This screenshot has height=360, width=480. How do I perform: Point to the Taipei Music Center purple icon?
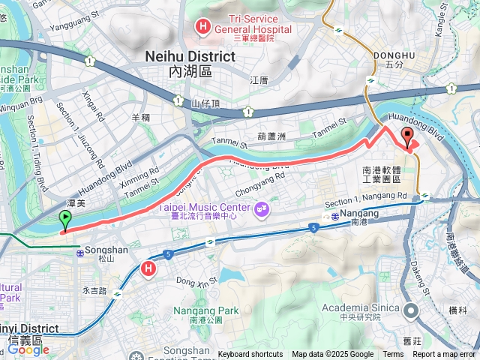pos(262,208)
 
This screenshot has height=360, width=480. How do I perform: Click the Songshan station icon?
pos(79,254)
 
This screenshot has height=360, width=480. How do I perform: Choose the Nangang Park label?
pos(205,310)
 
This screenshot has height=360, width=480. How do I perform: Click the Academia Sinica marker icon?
pos(411,309)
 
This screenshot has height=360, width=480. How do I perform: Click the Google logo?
pos(28,349)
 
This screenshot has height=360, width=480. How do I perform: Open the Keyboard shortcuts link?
pos(250,355)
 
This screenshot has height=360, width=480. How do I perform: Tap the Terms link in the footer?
pos(393,355)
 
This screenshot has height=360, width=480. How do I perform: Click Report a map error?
pos(444,355)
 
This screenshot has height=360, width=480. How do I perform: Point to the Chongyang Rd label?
pos(260,182)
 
